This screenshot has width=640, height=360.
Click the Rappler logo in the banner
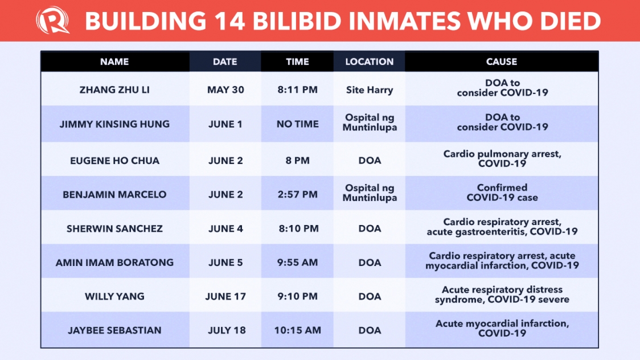click(52, 21)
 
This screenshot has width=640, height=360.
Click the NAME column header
click(114, 62)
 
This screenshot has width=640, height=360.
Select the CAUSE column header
click(502, 62)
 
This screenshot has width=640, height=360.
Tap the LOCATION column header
click(370, 62)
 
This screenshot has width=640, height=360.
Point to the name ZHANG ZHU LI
click(114, 90)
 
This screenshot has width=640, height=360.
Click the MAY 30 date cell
click(225, 90)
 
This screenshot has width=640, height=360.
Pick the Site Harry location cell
click(370, 90)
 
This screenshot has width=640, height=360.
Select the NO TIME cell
click(298, 124)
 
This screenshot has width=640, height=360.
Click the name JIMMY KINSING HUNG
click(114, 124)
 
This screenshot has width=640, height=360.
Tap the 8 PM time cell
click(298, 161)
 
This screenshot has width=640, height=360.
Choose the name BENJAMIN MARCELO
click(114, 194)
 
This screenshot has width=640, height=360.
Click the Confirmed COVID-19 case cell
click(502, 193)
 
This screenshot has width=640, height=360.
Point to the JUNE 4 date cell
click(225, 228)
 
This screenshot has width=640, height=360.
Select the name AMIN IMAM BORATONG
click(114, 263)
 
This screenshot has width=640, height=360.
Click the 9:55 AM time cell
click(298, 263)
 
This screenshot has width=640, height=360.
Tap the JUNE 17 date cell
click(225, 296)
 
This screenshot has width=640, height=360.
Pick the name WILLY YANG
click(114, 296)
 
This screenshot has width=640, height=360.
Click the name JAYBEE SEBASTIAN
click(114, 330)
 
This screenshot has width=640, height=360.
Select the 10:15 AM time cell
click(298, 330)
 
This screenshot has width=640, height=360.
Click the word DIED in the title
click(570, 21)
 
